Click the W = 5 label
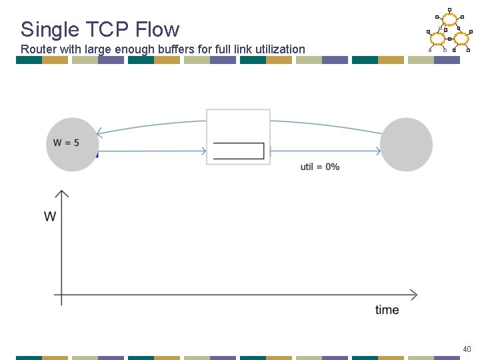[67, 143]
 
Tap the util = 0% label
[320, 167]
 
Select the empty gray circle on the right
[406, 144]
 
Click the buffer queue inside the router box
[239, 151]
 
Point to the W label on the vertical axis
[50, 216]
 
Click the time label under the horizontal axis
[387, 309]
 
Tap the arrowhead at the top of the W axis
[61, 194]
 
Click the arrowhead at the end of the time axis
[413, 295]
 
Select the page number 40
[466, 349]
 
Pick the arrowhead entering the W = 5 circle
[99, 132]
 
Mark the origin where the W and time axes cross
[61, 295]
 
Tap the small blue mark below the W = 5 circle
[97, 155]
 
